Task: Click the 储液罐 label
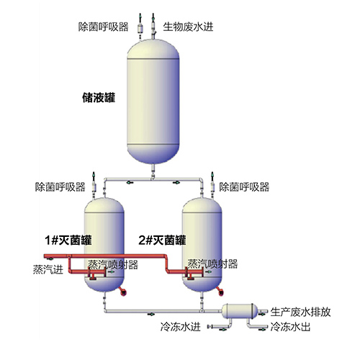[99, 98]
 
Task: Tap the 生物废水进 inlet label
[188, 27]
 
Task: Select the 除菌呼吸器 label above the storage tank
[103, 27]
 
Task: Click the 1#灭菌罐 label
[68, 240]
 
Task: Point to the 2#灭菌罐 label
[162, 240]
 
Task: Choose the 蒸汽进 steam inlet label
[48, 269]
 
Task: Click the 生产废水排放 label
[300, 312]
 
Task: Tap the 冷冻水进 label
[180, 327]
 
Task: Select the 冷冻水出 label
[290, 327]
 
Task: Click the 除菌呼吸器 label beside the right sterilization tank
[244, 187]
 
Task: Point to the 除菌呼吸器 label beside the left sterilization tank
[60, 187]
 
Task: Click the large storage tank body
[153, 102]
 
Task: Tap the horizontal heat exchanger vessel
[240, 311]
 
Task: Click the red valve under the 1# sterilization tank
[123, 292]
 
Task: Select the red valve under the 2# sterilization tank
[221, 292]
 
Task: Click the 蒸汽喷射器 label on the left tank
[113, 265]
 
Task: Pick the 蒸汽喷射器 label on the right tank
[212, 264]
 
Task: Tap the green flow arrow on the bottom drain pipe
[151, 314]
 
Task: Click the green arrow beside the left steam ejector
[112, 271]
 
